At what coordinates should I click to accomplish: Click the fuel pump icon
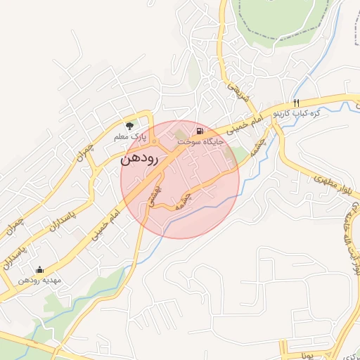click(201, 131)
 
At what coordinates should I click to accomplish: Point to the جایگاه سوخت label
click(200, 141)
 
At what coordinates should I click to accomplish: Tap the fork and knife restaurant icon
click(296, 103)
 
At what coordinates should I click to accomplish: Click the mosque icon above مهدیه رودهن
click(39, 269)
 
